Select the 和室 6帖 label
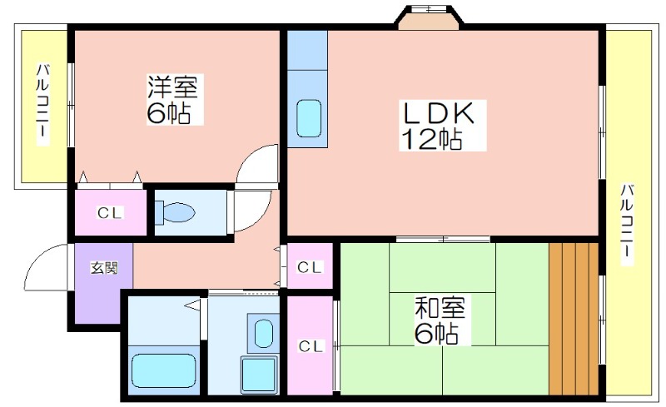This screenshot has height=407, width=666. coord(439,320)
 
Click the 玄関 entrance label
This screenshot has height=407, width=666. coord(103,268)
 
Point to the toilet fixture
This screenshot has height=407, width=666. coord(175,211)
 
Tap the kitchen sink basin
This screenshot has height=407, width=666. coord(308,118)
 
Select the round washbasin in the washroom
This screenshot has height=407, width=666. coord(263,333)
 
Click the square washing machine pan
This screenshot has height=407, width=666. coord(259,375)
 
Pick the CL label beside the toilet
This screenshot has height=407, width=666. coord(110,212)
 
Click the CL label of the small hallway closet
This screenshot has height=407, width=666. coord(310,267)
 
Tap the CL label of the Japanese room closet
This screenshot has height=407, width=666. coord(311,346)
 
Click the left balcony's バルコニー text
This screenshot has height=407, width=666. coord(42,104)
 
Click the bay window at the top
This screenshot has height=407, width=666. coord(429,17)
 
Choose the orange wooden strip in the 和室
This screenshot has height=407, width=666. coord(574,319)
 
